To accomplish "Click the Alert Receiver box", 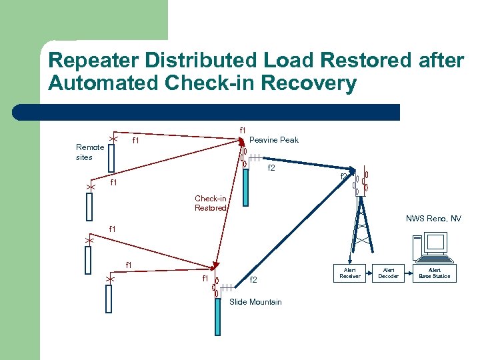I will tap(349, 273).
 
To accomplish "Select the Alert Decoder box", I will tap(388, 273).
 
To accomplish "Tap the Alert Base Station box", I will tap(434, 273).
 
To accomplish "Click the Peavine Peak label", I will tap(273, 140).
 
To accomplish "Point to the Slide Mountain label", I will tap(255, 302).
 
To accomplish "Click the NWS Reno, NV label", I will tap(433, 219).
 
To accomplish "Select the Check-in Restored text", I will tap(210, 203).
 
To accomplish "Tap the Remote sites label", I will tap(89, 152).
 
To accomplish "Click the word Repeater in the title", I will tap(92, 61).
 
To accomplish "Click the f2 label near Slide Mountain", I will tap(253, 280).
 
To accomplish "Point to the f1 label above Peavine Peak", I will tap(243, 130).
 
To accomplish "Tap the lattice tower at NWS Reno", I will tap(361, 227).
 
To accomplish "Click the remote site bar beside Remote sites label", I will tap(111, 158).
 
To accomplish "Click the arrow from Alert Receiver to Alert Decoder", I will tap(369, 273).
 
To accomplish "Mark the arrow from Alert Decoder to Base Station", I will tap(407, 273).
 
